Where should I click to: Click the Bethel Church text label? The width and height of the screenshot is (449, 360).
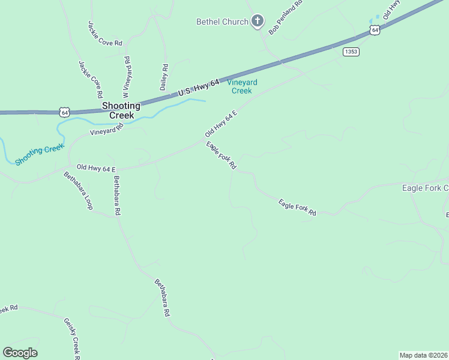click(x=222, y=22)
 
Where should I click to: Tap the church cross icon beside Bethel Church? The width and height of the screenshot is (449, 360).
click(x=258, y=22)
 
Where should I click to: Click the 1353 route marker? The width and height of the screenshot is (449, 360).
click(x=351, y=52)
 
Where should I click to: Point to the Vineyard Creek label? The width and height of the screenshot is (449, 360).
click(x=242, y=86)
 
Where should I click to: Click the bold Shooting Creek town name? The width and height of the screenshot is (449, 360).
click(x=121, y=110)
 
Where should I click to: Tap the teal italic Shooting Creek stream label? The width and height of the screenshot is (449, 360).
click(x=40, y=154)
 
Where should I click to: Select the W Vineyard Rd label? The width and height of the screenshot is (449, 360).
click(x=127, y=77)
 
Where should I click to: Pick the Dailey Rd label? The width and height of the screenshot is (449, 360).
click(x=165, y=77)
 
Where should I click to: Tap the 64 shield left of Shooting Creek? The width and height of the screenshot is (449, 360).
click(x=65, y=112)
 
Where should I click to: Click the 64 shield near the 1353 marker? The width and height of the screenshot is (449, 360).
click(x=375, y=30)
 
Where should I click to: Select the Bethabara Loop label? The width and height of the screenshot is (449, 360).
click(x=79, y=191)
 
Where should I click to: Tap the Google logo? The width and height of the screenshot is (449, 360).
click(x=20, y=353)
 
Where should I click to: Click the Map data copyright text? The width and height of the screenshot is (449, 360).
click(x=424, y=355)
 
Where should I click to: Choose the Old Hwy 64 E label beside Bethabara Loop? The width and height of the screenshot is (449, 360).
click(x=95, y=169)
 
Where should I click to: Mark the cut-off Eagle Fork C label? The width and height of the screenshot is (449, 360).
click(x=425, y=188)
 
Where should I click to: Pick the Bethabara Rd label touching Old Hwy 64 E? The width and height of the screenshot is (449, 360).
click(x=117, y=196)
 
